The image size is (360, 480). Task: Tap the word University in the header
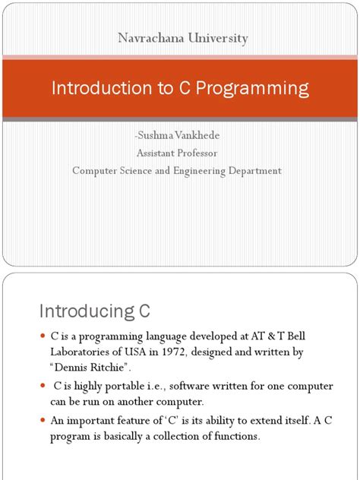pos(216,38)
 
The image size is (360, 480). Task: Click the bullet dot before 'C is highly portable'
pos(43,387)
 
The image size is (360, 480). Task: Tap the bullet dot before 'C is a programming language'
pos(43,336)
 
